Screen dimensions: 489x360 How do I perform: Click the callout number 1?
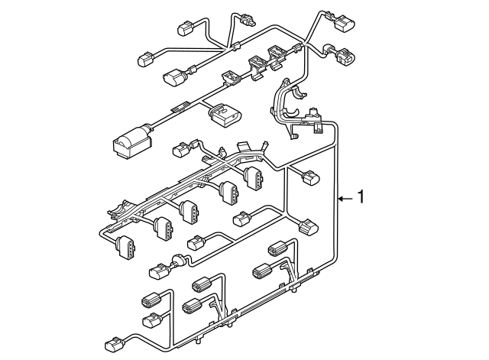click(361, 197)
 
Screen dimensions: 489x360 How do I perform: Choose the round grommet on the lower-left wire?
click(177, 261)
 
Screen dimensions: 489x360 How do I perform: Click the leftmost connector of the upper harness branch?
click(145, 59)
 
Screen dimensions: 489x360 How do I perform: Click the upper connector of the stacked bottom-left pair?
click(151, 299)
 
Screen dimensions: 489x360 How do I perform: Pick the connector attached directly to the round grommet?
click(159, 269)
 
